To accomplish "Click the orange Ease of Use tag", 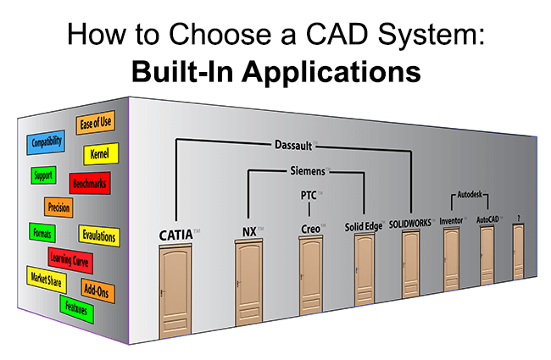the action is click(95, 123).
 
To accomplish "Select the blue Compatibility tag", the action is click(46, 142).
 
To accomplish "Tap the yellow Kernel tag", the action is click(101, 153).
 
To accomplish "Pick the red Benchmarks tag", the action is click(90, 183).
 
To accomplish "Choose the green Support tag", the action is click(43, 174).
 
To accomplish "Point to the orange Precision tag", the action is click(58, 207).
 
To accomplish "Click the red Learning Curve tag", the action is click(70, 260).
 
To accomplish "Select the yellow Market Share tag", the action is click(47, 280).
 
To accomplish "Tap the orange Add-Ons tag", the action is click(97, 291).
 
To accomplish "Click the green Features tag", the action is click(76, 309).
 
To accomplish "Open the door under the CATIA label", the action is click(175, 291).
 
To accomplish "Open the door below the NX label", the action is click(248, 282).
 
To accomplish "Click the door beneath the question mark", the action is click(518, 251).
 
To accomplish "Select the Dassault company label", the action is click(293, 145).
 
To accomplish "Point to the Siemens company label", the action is click(308, 171).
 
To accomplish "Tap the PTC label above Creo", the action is click(309, 195).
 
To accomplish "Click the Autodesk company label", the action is click(470, 194).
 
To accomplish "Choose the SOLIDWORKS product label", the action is click(410, 224).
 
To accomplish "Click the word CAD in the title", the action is click(337, 34).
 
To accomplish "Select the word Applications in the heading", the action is click(331, 72).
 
